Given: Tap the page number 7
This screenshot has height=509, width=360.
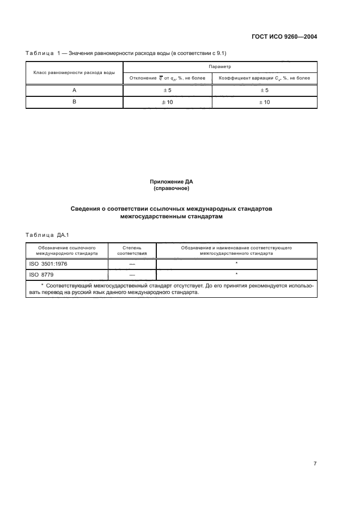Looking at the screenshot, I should click(x=315, y=463).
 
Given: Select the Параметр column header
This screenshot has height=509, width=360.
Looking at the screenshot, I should click(x=221, y=66).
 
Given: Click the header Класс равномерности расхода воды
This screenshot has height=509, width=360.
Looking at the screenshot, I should click(x=74, y=72).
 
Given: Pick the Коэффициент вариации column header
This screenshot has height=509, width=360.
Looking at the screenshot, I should click(x=264, y=78).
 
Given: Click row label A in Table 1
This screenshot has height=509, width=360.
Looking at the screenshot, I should click(x=74, y=90).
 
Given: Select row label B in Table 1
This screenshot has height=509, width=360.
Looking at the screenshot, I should click(x=74, y=102).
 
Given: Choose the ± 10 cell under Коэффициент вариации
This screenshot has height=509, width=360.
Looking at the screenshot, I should click(x=264, y=102).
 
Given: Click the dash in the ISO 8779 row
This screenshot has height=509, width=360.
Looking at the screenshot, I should click(x=132, y=275).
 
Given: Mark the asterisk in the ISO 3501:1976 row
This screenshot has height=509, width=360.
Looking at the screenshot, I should click(x=236, y=263).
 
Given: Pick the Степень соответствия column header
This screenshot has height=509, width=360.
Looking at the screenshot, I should click(x=132, y=250).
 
